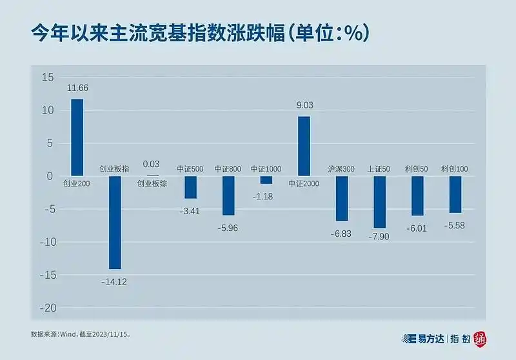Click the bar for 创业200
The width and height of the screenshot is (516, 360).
(77, 137)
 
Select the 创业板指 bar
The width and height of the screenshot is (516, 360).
(115, 222)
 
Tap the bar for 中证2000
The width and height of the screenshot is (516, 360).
(304, 146)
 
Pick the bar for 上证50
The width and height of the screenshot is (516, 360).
(379, 202)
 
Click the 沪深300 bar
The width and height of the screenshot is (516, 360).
(341, 198)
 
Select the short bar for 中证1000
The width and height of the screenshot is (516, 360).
(266, 180)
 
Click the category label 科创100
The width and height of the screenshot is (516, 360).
(455, 169)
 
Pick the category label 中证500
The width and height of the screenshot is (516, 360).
(190, 169)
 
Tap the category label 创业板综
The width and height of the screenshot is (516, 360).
(152, 184)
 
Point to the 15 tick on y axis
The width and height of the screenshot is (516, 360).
(48, 77)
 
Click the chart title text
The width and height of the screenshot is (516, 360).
(200, 34)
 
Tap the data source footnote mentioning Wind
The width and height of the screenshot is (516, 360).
(84, 335)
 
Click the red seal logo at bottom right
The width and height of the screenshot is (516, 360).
(481, 338)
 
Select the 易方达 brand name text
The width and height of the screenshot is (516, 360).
(428, 338)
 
